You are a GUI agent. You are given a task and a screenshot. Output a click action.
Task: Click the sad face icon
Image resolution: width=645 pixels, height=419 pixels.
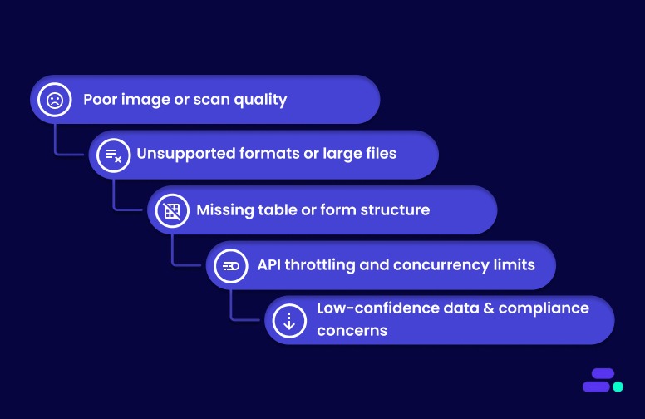[x=55, y=100]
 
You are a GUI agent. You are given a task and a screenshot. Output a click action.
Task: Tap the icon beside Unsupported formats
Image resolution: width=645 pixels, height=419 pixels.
[x=113, y=155]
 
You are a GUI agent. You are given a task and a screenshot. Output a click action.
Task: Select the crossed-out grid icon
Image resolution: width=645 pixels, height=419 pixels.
[x=172, y=210]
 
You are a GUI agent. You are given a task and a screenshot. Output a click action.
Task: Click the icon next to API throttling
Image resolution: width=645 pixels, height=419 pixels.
[x=230, y=266]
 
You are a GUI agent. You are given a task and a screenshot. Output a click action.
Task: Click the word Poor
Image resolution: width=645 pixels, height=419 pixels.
[x=100, y=100]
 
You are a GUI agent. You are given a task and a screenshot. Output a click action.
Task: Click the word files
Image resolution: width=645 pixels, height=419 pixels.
[x=377, y=155]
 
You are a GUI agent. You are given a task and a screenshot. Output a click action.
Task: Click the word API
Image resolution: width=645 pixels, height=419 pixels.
[x=270, y=265]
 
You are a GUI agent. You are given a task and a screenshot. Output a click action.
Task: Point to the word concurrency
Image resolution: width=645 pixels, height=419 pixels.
[x=441, y=266]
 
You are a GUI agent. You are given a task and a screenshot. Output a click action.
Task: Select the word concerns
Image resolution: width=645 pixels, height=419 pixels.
[x=352, y=330]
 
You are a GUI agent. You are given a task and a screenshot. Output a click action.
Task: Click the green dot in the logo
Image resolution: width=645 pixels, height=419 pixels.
[x=618, y=387]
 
